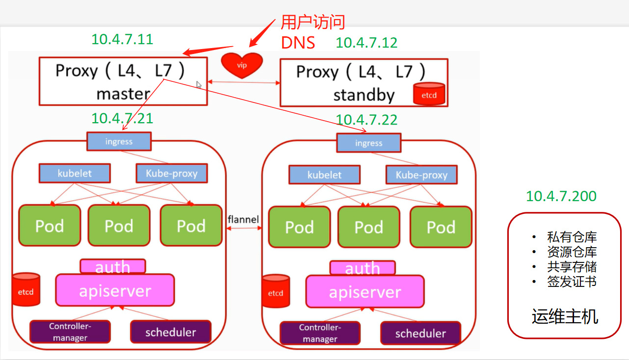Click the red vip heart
pos(242,65)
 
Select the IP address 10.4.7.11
pos(122,39)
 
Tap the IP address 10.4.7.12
pos(367,43)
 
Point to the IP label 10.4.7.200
pos(561,196)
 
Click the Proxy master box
pos(123,81)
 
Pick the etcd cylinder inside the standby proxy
pos(429,94)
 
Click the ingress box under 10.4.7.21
pos(119,142)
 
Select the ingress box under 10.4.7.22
pos(368,143)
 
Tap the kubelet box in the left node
pos(75,173)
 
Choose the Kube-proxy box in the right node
pos(421,175)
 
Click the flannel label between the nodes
pos(243,219)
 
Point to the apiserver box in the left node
pos(115,290)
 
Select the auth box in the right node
pos(363,268)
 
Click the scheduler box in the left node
pos(170,332)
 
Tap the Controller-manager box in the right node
pos(320,333)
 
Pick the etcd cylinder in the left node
pos(26,290)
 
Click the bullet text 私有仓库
pos(572,237)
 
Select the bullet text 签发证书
pos(572,282)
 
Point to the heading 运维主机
pos(565,316)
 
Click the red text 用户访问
pos(313,22)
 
